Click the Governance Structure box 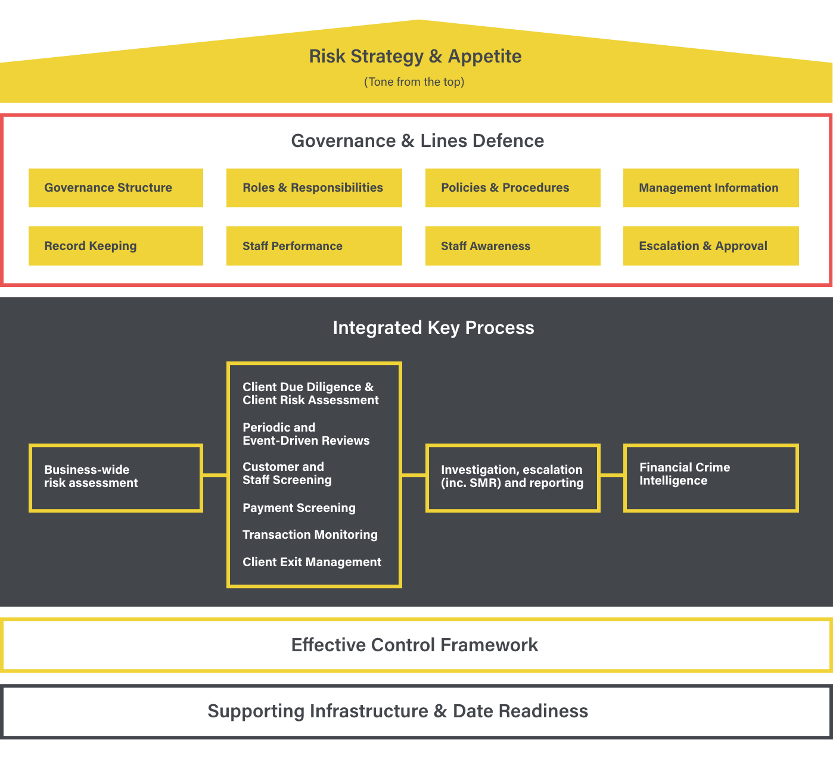click(x=116, y=188)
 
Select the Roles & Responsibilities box click(x=314, y=188)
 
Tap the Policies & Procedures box click(x=512, y=188)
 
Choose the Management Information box click(x=711, y=188)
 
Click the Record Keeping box click(x=116, y=246)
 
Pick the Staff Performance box click(x=314, y=246)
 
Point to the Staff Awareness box click(x=512, y=246)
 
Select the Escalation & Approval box click(x=711, y=246)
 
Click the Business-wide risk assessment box click(x=116, y=477)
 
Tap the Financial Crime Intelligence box click(x=711, y=477)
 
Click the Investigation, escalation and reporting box click(x=512, y=477)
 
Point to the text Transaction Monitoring click(x=310, y=535)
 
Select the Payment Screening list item click(x=299, y=508)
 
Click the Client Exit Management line click(x=312, y=562)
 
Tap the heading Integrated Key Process click(x=433, y=328)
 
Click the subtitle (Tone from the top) click(x=414, y=82)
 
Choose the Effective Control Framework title click(x=415, y=645)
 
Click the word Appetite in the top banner click(x=484, y=57)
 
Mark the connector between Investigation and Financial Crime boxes click(x=611, y=475)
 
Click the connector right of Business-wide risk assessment click(x=215, y=475)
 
